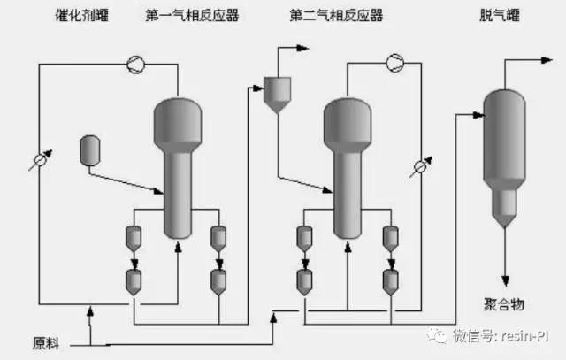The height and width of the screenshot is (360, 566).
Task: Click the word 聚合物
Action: tap(505, 304)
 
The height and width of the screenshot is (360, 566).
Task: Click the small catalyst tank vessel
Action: tap(89, 149)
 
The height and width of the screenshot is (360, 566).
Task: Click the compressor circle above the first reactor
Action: tap(134, 64)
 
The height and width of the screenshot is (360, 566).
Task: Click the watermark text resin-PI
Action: tap(526, 336)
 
